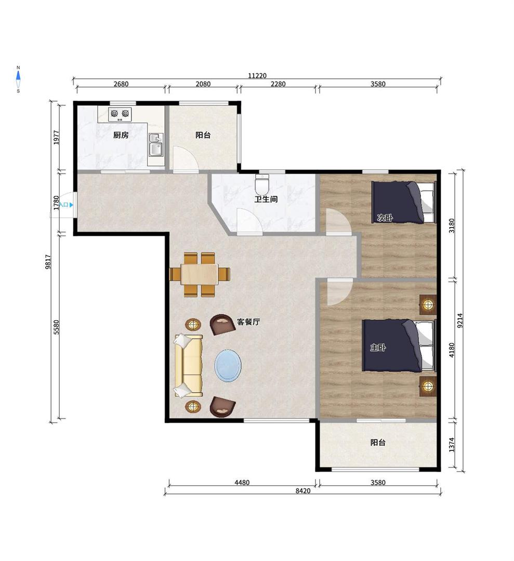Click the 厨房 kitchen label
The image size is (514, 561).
[x=121, y=135]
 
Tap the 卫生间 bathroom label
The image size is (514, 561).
[x=266, y=199]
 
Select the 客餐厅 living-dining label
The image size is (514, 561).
[x=248, y=322]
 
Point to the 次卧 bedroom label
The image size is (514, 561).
[x=385, y=218]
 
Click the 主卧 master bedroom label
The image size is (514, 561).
[x=378, y=347]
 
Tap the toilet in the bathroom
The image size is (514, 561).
[x=262, y=184]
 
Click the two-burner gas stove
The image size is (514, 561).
[x=120, y=114]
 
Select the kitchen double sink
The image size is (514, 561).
[x=156, y=145]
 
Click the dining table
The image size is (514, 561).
[x=200, y=274]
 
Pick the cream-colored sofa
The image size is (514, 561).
[x=188, y=365]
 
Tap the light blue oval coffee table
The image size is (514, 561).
[x=228, y=365]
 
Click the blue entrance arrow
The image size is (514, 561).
[x=71, y=205]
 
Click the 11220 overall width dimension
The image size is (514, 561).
[x=257, y=75]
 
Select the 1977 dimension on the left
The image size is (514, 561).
[x=56, y=137]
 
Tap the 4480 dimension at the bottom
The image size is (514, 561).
[x=242, y=482]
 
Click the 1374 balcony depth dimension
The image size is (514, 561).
[x=451, y=445]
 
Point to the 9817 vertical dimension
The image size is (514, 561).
[x=48, y=261]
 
